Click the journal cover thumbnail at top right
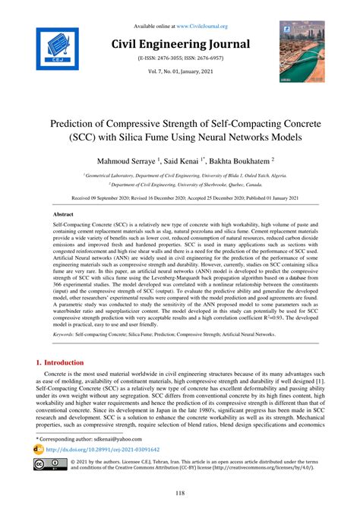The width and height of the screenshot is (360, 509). pos(302,51)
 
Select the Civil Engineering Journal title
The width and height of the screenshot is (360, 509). pos(179,43)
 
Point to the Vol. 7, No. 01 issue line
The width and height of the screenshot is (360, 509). pos(179,72)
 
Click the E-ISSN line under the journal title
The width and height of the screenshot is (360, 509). pos(179,58)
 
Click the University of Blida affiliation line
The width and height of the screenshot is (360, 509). pos(180,174)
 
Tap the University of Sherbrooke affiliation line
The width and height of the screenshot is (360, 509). pos(180,184)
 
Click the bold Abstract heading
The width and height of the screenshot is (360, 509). pos(64,215)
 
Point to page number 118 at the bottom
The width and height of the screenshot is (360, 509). pos(179,494)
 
